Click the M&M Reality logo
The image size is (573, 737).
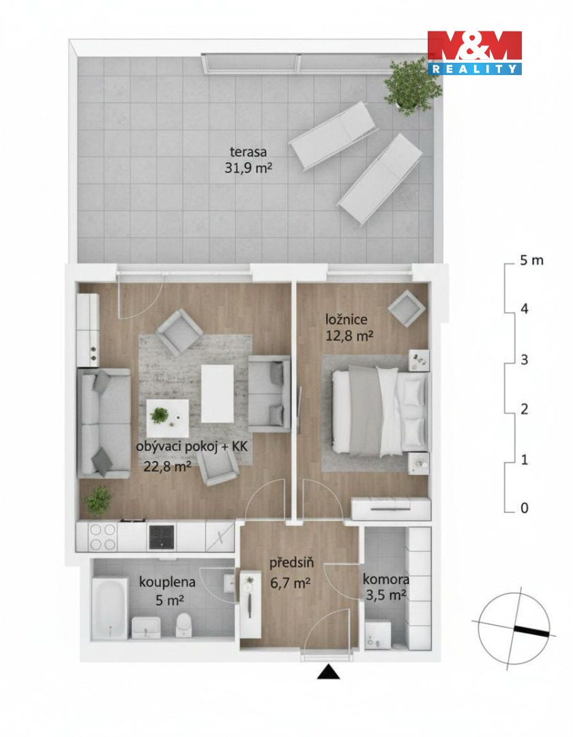tap(474, 53)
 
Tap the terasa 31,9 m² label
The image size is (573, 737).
tap(248, 160)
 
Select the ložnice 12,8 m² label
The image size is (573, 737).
tap(349, 328)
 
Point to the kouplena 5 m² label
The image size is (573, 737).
tap(167, 591)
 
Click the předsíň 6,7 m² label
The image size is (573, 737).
tap(291, 573)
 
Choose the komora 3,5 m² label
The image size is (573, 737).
tap(385, 587)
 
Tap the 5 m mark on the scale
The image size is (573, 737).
tap(531, 260)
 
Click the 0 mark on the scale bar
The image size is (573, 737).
tap(525, 508)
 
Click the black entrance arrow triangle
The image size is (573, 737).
tap(328, 672)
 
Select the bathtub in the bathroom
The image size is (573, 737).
tap(110, 608)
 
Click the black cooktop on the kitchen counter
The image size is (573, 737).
tap(162, 537)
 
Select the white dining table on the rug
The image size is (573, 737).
tap(217, 394)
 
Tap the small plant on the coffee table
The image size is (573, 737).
tap(159, 416)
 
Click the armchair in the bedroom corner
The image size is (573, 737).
tap(407, 308)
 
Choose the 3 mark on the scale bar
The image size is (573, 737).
tap(525, 360)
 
